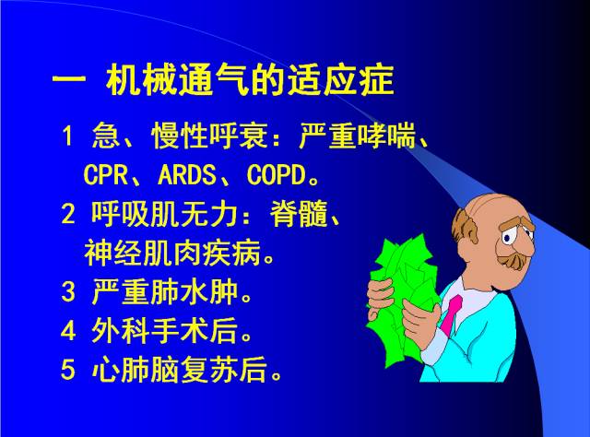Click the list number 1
pos(67,138)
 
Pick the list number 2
pos(67,215)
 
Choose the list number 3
pos(67,293)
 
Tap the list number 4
pos(67,331)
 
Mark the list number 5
pos(67,371)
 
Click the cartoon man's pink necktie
pos(449,313)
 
